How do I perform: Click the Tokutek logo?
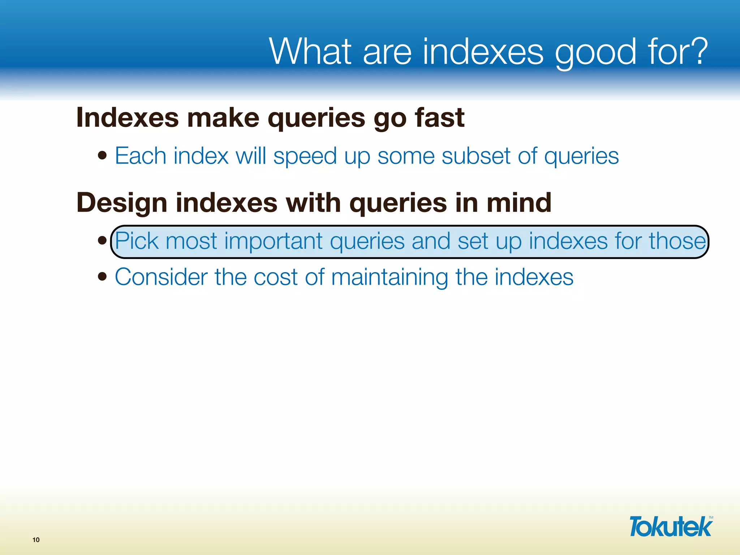(x=671, y=526)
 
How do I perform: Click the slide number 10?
(x=36, y=540)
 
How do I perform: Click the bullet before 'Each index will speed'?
(x=103, y=155)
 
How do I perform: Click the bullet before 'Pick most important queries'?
(x=103, y=240)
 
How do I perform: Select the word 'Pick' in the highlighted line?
(x=137, y=241)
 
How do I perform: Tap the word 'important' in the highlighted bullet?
(x=273, y=241)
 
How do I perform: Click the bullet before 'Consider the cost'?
(x=103, y=276)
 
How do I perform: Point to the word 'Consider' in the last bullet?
(x=161, y=277)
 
